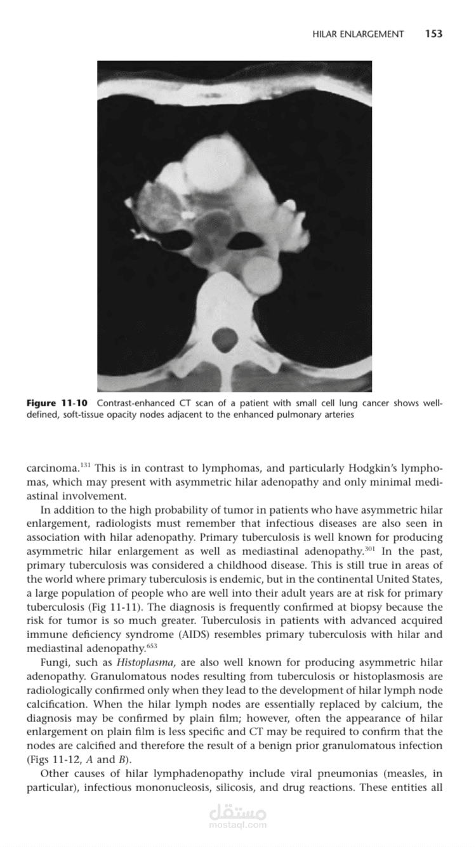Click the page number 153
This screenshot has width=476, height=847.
[x=433, y=34]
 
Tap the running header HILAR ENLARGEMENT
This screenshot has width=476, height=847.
[x=358, y=34]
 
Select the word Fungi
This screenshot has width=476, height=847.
[x=53, y=663]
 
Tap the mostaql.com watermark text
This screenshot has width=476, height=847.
[x=238, y=825]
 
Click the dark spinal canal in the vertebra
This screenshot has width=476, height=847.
[x=225, y=339]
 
